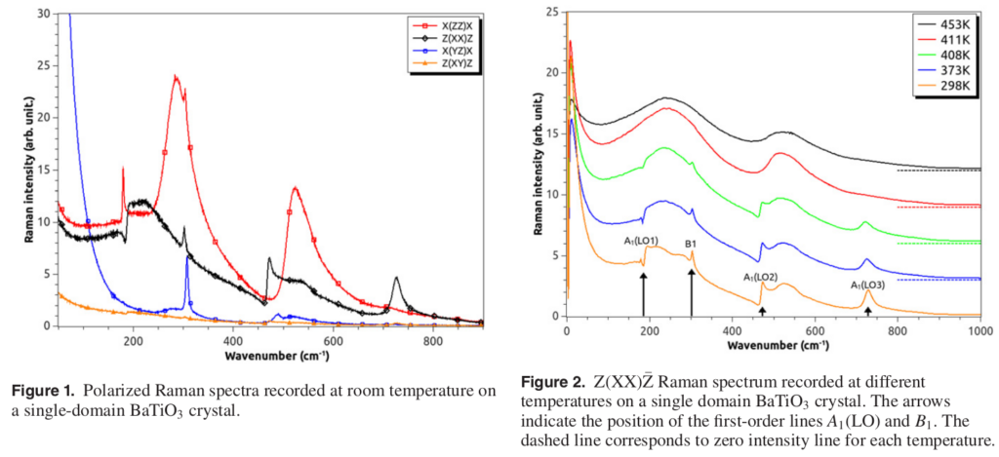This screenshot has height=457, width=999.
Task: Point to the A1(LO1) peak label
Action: click(641, 240)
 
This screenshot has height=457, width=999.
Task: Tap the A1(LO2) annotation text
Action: click(761, 277)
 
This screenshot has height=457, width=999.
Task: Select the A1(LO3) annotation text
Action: click(867, 285)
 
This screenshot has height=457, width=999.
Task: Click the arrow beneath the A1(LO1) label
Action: click(644, 293)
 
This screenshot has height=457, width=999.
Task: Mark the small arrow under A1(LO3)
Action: click(868, 310)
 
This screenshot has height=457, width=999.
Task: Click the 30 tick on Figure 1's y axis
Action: click(42, 15)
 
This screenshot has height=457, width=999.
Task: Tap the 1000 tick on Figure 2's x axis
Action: click(979, 331)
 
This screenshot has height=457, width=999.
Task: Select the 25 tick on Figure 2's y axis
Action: click(551, 12)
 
